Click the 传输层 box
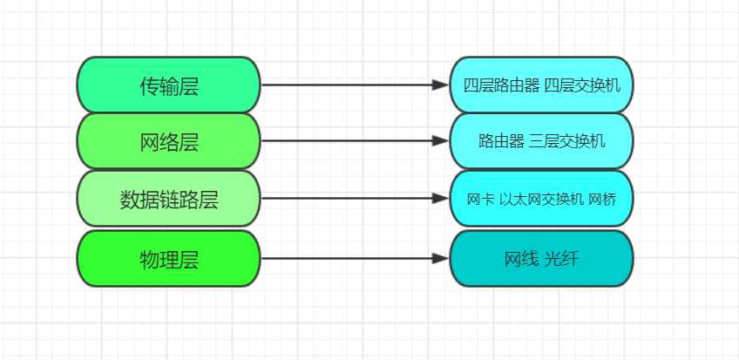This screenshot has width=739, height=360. [169, 85]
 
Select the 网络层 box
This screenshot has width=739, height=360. [169, 141]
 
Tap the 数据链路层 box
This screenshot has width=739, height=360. [169, 199]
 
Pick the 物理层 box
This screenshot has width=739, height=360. [169, 259]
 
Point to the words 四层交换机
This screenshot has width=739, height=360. [582, 85]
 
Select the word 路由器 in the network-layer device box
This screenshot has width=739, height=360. [501, 141]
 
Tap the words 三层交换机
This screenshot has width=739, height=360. [567, 141]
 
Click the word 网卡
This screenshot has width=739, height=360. [481, 200]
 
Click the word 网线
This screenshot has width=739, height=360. [521, 259]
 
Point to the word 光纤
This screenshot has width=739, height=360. [561, 259]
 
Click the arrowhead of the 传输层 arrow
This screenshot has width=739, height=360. [441, 85]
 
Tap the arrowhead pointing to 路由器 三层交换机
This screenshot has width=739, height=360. [441, 140]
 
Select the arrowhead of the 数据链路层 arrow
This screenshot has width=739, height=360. [441, 199]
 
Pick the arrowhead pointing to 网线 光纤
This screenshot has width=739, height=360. [441, 258]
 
